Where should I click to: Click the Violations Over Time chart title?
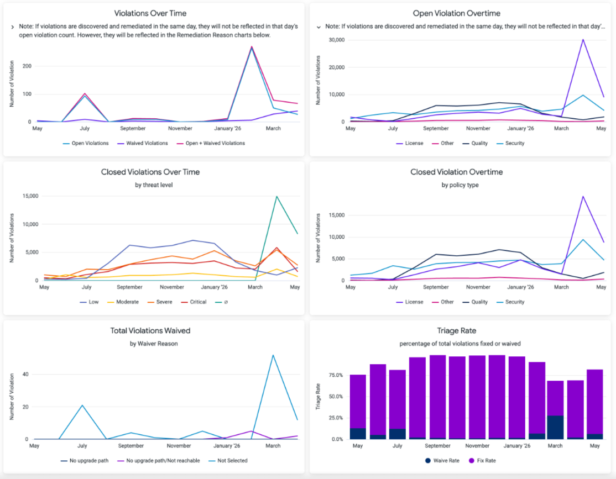(150, 13)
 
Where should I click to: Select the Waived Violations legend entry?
(143, 143)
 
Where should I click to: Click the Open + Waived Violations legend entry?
(211, 143)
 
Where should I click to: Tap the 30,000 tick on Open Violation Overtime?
(337, 40)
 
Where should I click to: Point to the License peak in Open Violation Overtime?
(583, 40)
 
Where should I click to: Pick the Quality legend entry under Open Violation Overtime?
(475, 143)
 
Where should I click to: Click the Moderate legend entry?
(123, 302)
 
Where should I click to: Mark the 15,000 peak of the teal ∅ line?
(276, 196)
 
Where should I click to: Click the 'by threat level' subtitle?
(154, 185)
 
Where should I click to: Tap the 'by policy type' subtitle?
(460, 185)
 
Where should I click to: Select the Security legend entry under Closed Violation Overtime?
(510, 302)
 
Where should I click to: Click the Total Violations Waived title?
(150, 330)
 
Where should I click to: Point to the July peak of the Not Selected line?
(82, 405)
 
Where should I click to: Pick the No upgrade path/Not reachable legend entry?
(159, 461)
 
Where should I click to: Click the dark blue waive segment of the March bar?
(555, 427)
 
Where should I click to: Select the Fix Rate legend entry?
(482, 461)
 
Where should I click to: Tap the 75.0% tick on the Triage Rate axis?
(336, 375)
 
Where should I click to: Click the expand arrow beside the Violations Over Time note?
(13, 27)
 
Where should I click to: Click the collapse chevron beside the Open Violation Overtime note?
(319, 27)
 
